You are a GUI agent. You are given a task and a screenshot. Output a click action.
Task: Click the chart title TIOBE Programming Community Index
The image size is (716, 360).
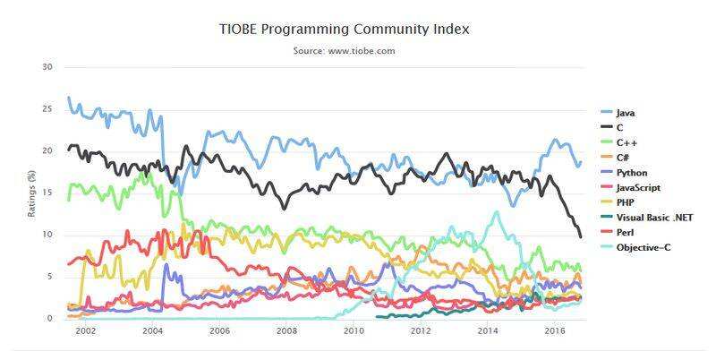click(345, 30)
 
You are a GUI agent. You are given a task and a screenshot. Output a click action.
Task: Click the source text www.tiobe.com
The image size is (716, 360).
click(345, 51)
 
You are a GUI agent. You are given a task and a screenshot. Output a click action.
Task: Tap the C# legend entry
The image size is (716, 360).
click(626, 157)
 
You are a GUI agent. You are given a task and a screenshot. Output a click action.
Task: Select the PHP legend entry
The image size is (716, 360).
click(626, 201)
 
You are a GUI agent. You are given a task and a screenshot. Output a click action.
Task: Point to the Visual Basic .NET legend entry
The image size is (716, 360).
click(653, 217)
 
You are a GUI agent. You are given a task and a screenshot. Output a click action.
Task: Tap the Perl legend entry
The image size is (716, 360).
click(626, 231)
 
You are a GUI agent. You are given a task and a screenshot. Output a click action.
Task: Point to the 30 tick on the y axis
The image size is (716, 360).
click(47, 67)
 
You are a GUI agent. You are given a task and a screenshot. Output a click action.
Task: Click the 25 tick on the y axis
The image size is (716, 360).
click(47, 109)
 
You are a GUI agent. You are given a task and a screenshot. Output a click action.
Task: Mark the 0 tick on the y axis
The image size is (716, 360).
click(50, 319)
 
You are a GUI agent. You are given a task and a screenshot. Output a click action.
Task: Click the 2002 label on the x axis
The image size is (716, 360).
click(85, 330)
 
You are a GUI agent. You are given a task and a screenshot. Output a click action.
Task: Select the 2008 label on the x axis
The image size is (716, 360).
click(286, 330)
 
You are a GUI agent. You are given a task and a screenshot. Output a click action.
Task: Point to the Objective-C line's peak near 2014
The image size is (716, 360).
click(497, 212)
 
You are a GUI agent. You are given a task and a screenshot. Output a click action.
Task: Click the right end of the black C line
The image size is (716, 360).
click(581, 236)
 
